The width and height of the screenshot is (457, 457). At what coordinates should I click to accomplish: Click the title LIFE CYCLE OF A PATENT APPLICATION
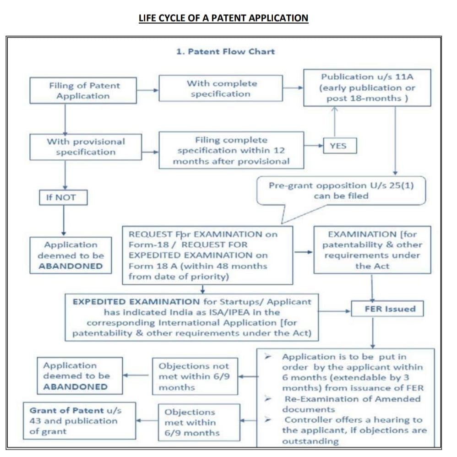click(223, 18)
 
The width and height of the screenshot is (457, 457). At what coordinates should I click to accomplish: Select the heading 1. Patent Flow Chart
click(225, 51)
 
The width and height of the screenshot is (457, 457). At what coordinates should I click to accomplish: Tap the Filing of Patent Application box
click(83, 91)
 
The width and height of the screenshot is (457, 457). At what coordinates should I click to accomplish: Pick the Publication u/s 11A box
click(367, 87)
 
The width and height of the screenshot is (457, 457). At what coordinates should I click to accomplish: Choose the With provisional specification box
click(86, 147)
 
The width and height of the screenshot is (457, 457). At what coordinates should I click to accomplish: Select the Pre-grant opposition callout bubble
click(341, 190)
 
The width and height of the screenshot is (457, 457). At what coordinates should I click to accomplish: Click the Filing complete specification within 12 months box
click(231, 150)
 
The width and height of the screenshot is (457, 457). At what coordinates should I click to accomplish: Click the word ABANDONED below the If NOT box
click(71, 266)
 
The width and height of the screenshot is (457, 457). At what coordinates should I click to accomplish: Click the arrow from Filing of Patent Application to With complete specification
click(147, 90)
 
